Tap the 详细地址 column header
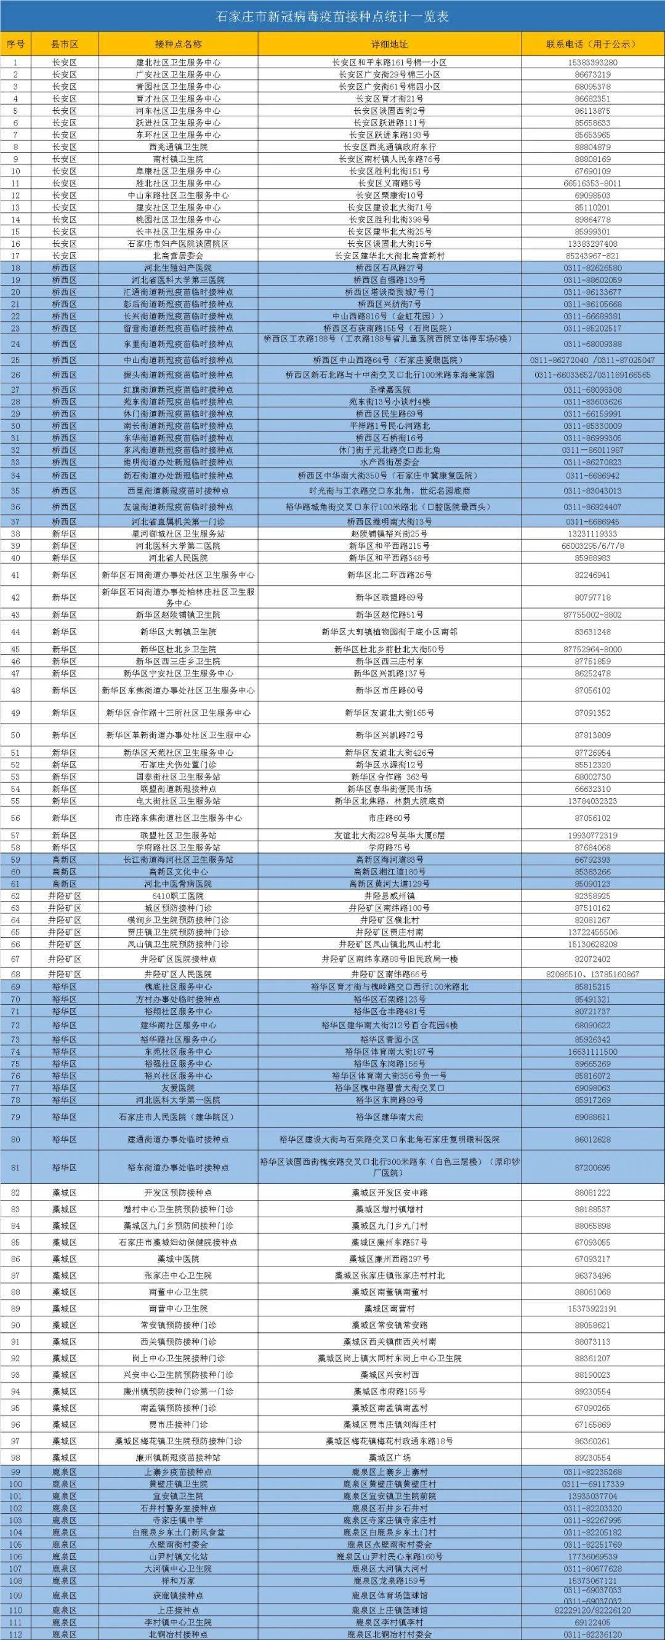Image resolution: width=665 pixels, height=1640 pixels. tap(389, 44)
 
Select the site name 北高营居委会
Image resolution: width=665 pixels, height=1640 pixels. tap(179, 255)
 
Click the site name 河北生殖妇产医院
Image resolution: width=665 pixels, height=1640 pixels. tap(179, 268)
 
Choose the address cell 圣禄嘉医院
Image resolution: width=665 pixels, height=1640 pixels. tap(389, 389)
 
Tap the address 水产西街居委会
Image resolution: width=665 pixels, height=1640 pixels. tap(389, 462)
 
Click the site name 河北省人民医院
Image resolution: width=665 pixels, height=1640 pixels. tap(179, 558)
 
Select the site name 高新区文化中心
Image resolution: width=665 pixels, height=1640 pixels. tap(179, 871)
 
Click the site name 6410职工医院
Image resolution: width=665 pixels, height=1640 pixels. tap(179, 896)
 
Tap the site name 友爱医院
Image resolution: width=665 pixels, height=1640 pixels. tap(179, 1087)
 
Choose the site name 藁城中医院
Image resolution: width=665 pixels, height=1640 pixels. tap(179, 1258)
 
